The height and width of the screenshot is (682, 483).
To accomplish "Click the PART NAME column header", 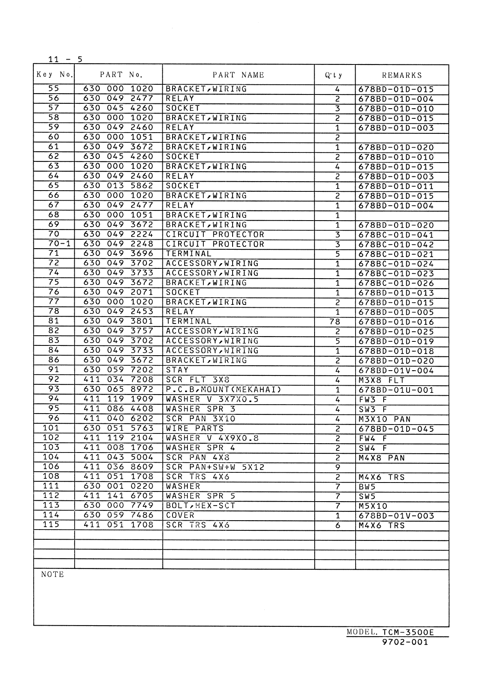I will click(238, 75).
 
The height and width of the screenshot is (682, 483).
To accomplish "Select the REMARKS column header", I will click(402, 75).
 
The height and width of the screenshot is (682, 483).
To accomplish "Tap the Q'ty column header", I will click(334, 75).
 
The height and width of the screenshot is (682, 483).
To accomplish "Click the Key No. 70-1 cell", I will click(54, 244).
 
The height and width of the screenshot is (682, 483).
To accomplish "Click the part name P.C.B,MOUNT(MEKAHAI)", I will click(223, 390).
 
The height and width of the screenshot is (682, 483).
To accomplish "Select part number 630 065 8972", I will click(118, 390).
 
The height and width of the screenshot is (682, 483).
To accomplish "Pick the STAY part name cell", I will click(177, 370).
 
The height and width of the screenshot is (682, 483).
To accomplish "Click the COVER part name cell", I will click(180, 515).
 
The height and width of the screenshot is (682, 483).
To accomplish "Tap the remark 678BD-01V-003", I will click(396, 516).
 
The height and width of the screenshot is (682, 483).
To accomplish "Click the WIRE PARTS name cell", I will click(195, 429).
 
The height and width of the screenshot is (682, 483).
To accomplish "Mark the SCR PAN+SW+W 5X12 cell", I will click(215, 467).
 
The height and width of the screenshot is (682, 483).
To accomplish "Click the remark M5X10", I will click(373, 506).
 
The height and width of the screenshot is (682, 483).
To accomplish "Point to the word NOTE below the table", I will click(52, 575).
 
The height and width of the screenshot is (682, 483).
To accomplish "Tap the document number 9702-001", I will click(405, 642).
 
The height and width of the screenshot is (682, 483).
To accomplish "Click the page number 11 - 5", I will click(65, 59).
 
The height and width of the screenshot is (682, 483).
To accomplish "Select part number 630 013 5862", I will click(118, 186).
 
